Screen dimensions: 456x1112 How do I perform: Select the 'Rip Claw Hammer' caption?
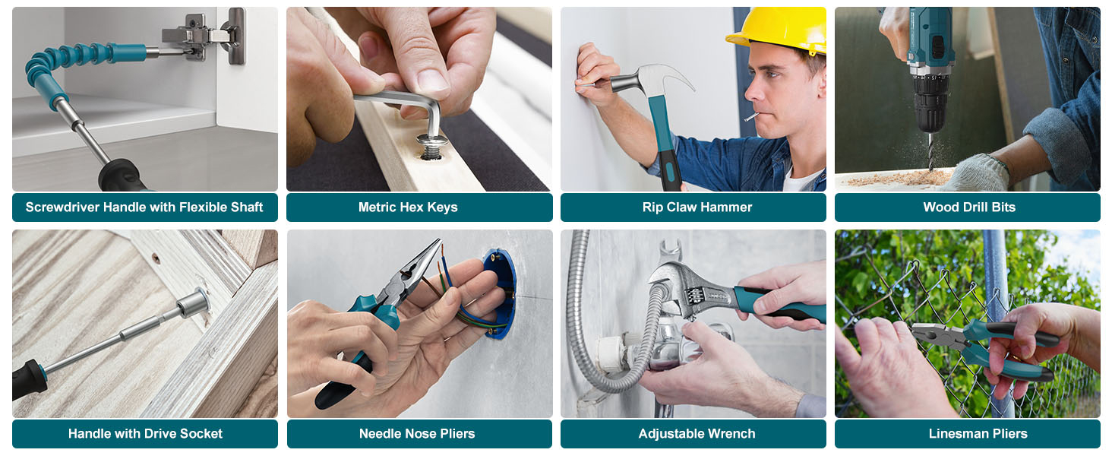click(697, 207)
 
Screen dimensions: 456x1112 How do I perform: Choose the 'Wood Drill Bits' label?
click(968, 207)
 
